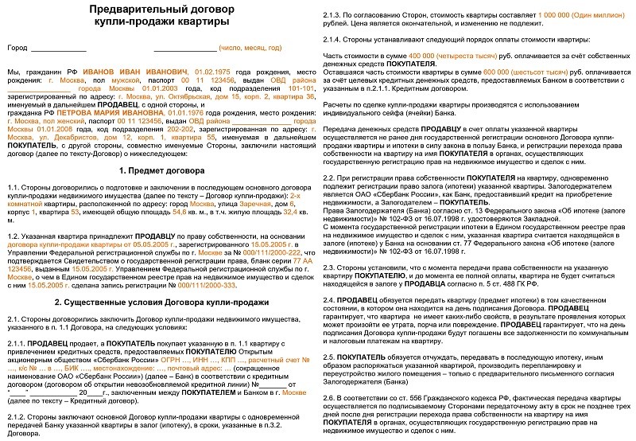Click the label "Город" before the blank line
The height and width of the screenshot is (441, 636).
(x=17, y=49)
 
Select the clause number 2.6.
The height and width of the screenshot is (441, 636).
(x=333, y=396)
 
